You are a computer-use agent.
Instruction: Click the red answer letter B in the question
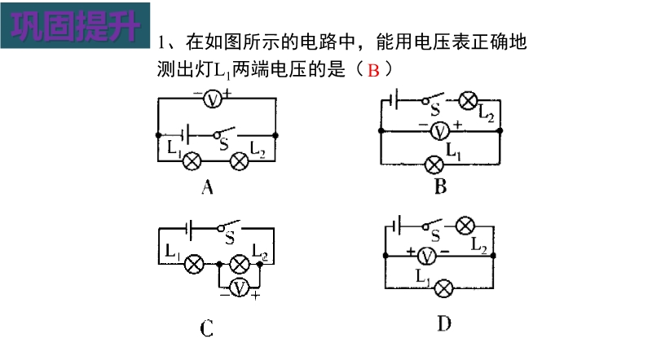coord(374,70)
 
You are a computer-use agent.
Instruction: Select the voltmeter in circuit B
coord(440,130)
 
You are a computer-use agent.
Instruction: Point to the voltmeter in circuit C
coord(239,287)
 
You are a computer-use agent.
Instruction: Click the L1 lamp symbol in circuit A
coord(193,160)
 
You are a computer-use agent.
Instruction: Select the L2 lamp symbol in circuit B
coord(469,101)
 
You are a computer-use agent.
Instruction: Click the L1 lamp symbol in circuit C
coord(193,264)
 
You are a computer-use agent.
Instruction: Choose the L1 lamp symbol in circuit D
coord(443,288)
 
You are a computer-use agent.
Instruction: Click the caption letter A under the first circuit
coord(207,189)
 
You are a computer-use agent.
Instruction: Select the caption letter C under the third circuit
coord(207,328)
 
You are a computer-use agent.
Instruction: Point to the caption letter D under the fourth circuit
coord(443,324)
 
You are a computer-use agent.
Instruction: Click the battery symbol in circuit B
coord(394,100)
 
